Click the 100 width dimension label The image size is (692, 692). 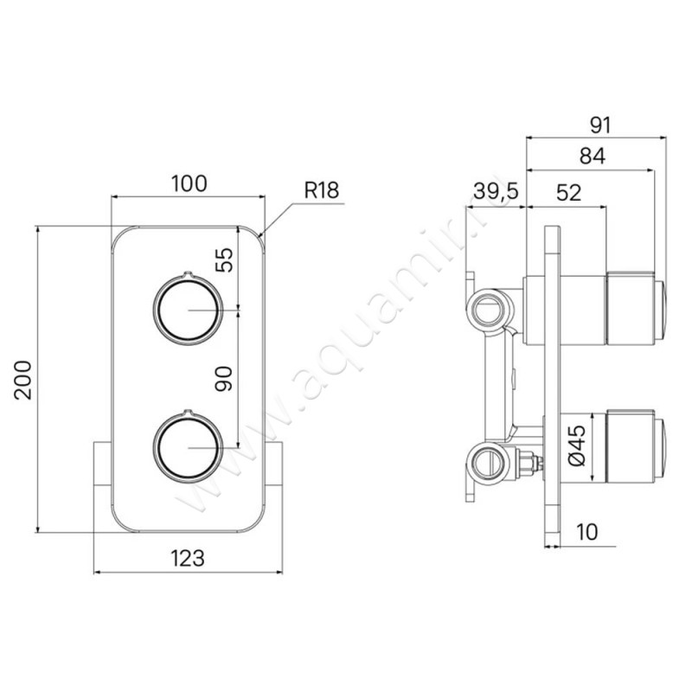(189, 183)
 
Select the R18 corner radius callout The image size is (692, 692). (322, 190)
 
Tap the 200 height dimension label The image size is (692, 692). (23, 381)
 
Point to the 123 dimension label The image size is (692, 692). (188, 558)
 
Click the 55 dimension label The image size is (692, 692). (224, 260)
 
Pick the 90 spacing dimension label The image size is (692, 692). (224, 379)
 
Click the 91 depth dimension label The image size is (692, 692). (600, 125)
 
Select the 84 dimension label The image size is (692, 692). (593, 156)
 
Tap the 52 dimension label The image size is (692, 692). (569, 192)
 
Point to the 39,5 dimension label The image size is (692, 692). (496, 191)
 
